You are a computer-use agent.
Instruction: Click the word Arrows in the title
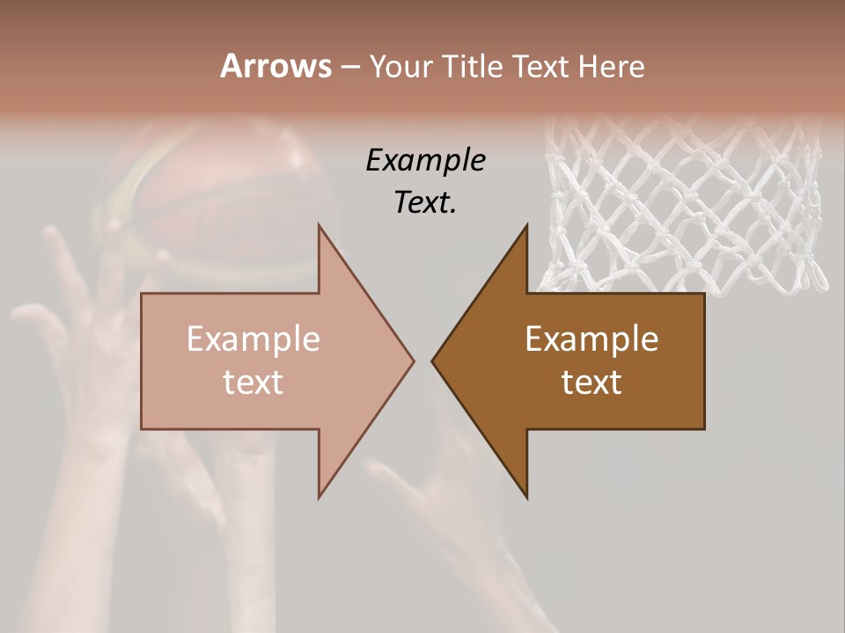point(276,66)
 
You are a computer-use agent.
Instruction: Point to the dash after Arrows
point(349,67)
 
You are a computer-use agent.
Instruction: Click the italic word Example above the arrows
point(425,161)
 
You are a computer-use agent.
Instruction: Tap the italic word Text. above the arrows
point(425,203)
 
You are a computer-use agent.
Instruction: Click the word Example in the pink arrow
point(253,338)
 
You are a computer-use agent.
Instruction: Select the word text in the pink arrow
point(253,382)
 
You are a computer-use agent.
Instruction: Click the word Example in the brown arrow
point(591,338)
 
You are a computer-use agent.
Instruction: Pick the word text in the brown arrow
point(591,382)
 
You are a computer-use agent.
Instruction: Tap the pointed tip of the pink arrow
point(414,360)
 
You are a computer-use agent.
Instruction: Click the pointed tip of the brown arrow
point(432,360)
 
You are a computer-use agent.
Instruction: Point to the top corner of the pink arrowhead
point(320,225)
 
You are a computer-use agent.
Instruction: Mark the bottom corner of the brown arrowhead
point(527,498)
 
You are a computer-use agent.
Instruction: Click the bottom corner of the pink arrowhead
point(320,498)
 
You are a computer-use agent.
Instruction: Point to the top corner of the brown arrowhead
point(527,225)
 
